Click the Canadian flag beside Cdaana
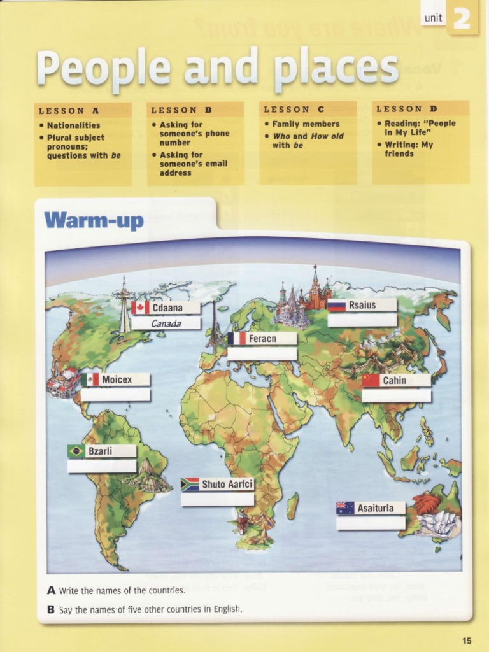(141, 308)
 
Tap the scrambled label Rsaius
(362, 305)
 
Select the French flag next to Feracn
(237, 339)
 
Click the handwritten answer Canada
(166, 323)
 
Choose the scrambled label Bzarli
(100, 451)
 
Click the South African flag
(190, 485)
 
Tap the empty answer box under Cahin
(396, 395)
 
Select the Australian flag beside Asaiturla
(345, 508)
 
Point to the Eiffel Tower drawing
(215, 325)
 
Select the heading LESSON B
(181, 110)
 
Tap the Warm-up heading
(94, 221)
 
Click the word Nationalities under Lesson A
(73, 125)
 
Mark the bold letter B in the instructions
(51, 609)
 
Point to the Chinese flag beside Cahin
(371, 381)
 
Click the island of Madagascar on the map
(292, 506)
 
